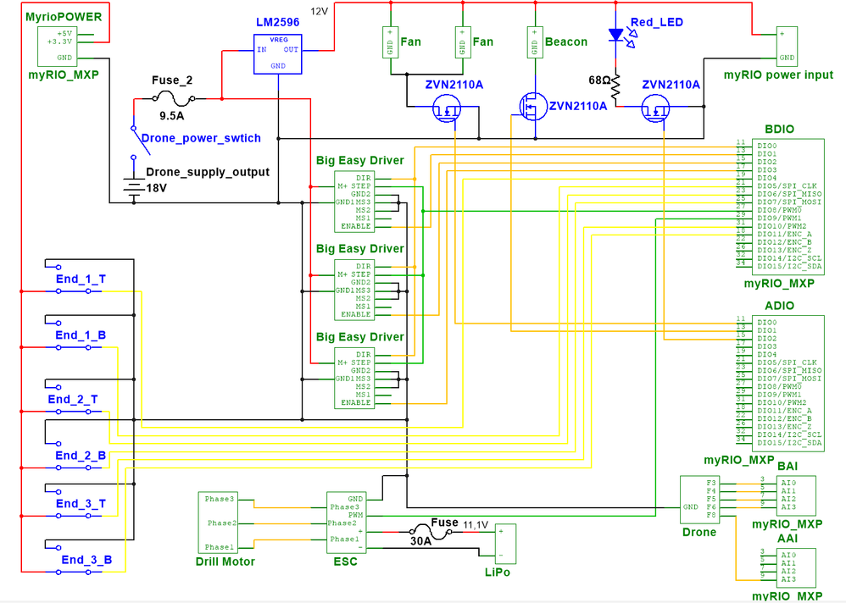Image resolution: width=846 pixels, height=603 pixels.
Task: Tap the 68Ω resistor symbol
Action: pyautogui.click(x=616, y=84)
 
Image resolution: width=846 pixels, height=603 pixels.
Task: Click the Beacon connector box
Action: pyautogui.click(x=534, y=41)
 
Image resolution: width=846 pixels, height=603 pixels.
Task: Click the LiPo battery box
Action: pyautogui.click(x=506, y=544)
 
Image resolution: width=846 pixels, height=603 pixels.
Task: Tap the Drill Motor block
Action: pyautogui.click(x=225, y=523)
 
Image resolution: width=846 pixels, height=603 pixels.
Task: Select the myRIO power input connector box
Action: pyautogui.click(x=787, y=46)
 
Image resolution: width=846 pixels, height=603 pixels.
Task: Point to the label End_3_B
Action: pyautogui.click(x=86, y=559)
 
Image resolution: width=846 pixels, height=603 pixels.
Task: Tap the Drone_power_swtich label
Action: pyautogui.click(x=201, y=138)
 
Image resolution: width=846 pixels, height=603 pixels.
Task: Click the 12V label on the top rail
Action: pyautogui.click(x=319, y=11)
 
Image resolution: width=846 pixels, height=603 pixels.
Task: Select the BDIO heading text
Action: pyautogui.click(x=780, y=130)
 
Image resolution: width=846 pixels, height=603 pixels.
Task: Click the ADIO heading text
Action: pyautogui.click(x=779, y=306)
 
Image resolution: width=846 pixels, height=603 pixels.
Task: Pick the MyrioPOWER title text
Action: pyautogui.click(x=64, y=17)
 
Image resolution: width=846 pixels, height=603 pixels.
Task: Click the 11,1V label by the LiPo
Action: pyautogui.click(x=476, y=525)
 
